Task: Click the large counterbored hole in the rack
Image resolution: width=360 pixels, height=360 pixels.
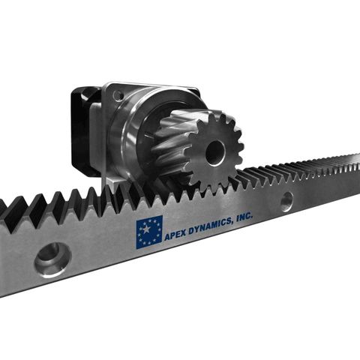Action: pyautogui.click(x=52, y=259)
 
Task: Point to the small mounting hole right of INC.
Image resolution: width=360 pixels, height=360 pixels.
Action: pyautogui.click(x=286, y=200)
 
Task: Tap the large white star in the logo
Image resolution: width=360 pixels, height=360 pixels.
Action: pyautogui.click(x=147, y=228)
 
